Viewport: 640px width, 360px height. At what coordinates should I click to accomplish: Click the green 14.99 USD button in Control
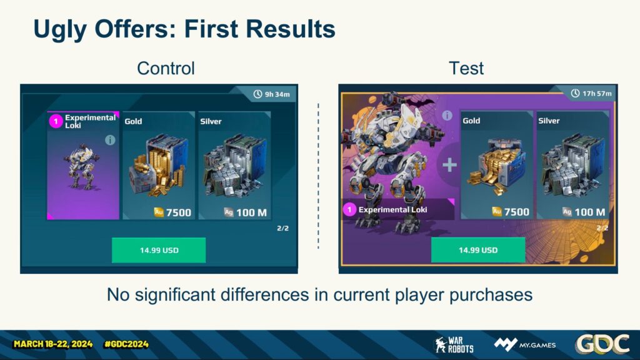click(159, 250)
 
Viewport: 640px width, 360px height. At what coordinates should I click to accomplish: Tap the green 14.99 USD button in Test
click(478, 250)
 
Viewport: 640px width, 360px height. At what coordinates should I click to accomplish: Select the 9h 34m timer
click(271, 94)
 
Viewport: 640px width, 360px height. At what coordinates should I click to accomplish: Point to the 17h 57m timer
click(591, 94)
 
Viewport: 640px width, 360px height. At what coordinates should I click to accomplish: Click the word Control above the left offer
click(166, 68)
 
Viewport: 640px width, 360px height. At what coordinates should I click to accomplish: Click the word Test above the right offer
click(466, 68)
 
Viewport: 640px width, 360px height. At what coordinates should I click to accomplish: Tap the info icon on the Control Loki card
click(110, 140)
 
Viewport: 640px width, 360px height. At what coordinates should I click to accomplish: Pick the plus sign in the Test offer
click(449, 165)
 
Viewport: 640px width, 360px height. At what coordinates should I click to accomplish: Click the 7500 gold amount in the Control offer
click(179, 212)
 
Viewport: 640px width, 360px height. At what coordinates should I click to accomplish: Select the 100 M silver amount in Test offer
click(590, 212)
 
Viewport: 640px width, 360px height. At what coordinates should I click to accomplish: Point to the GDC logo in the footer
click(602, 344)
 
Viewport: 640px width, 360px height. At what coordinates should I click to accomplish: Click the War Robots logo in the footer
click(454, 345)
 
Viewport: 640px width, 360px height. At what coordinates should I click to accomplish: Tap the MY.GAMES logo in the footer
click(525, 344)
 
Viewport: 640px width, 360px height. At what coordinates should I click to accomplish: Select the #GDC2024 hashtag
click(126, 344)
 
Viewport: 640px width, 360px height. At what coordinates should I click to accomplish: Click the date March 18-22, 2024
click(53, 344)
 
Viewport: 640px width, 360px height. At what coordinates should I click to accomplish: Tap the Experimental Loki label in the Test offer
click(392, 209)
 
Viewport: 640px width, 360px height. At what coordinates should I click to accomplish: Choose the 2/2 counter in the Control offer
click(283, 228)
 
